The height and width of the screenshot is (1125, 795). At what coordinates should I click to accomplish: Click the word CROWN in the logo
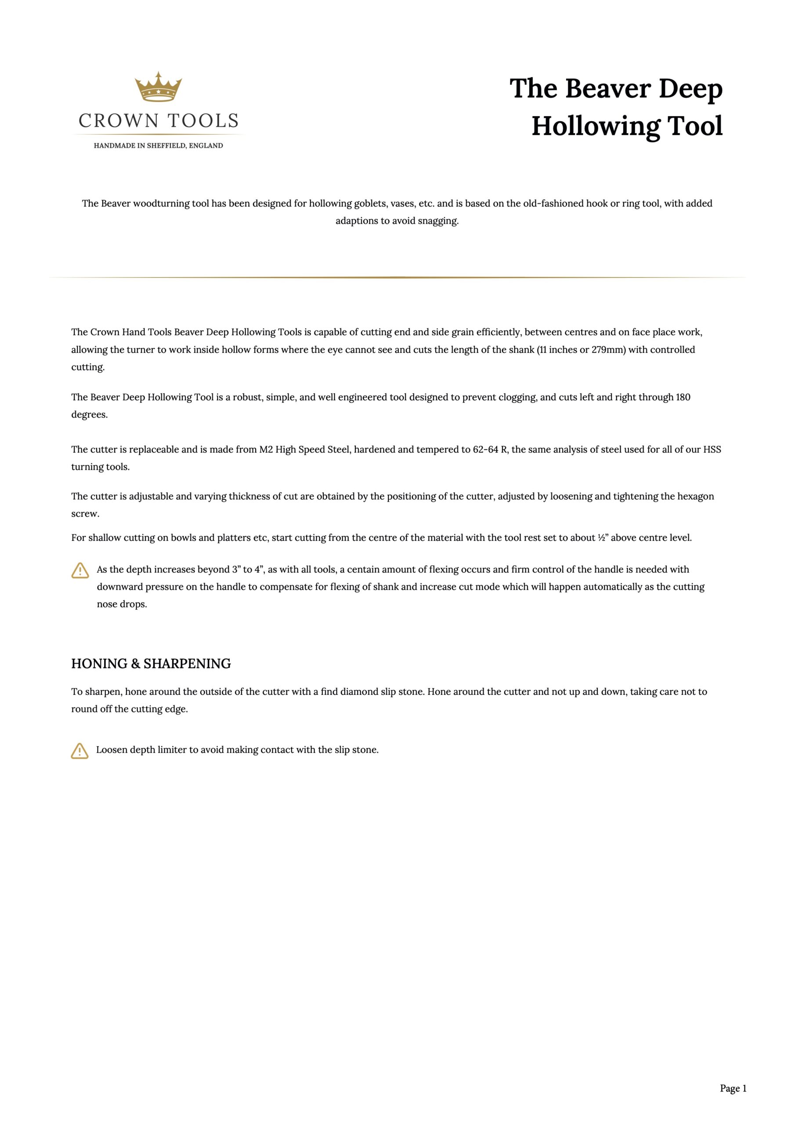(x=118, y=121)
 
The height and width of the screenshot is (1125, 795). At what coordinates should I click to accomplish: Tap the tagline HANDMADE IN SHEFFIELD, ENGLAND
(x=158, y=145)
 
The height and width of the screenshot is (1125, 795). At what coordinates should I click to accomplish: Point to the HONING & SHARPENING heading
(x=151, y=664)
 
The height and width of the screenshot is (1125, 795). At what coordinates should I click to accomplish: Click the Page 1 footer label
(x=733, y=1088)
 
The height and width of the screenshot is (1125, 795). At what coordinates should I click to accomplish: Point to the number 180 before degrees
(x=683, y=397)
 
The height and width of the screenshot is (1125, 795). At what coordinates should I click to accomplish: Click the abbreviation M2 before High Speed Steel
(x=265, y=450)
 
